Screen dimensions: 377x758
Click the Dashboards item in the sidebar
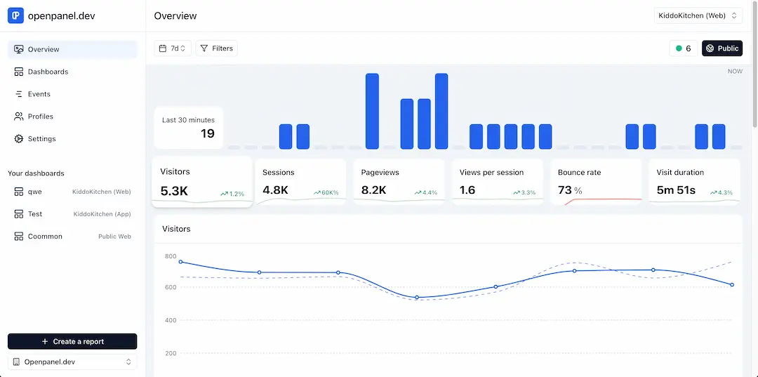pyautogui.click(x=48, y=72)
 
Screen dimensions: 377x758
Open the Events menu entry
pyautogui.click(x=39, y=94)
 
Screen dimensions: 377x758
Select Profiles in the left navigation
pyautogui.click(x=40, y=117)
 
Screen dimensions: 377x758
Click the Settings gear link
pyautogui.click(x=41, y=139)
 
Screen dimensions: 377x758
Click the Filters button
pyautogui.click(x=216, y=48)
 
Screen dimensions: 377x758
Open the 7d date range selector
pyautogui.click(x=173, y=48)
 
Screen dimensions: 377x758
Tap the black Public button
pyautogui.click(x=722, y=48)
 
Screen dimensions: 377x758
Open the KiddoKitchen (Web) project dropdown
pyautogui.click(x=698, y=15)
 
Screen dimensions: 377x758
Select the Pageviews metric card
pyautogui.click(x=399, y=181)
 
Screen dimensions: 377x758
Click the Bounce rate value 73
pyautogui.click(x=565, y=190)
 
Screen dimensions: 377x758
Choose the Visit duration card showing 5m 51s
pyautogui.click(x=693, y=181)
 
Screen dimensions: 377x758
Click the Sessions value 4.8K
pyautogui.click(x=275, y=190)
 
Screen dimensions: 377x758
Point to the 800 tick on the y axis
pyautogui.click(x=171, y=256)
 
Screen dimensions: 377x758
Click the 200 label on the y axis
pyautogui.click(x=171, y=353)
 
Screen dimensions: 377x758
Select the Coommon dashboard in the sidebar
pyautogui.click(x=45, y=237)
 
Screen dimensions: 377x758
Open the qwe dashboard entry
pyautogui.click(x=34, y=192)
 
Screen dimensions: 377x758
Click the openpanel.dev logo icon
pyautogui.click(x=15, y=15)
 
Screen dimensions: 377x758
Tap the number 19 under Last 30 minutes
pyautogui.click(x=207, y=133)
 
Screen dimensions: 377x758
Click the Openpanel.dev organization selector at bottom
pyautogui.click(x=72, y=362)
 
